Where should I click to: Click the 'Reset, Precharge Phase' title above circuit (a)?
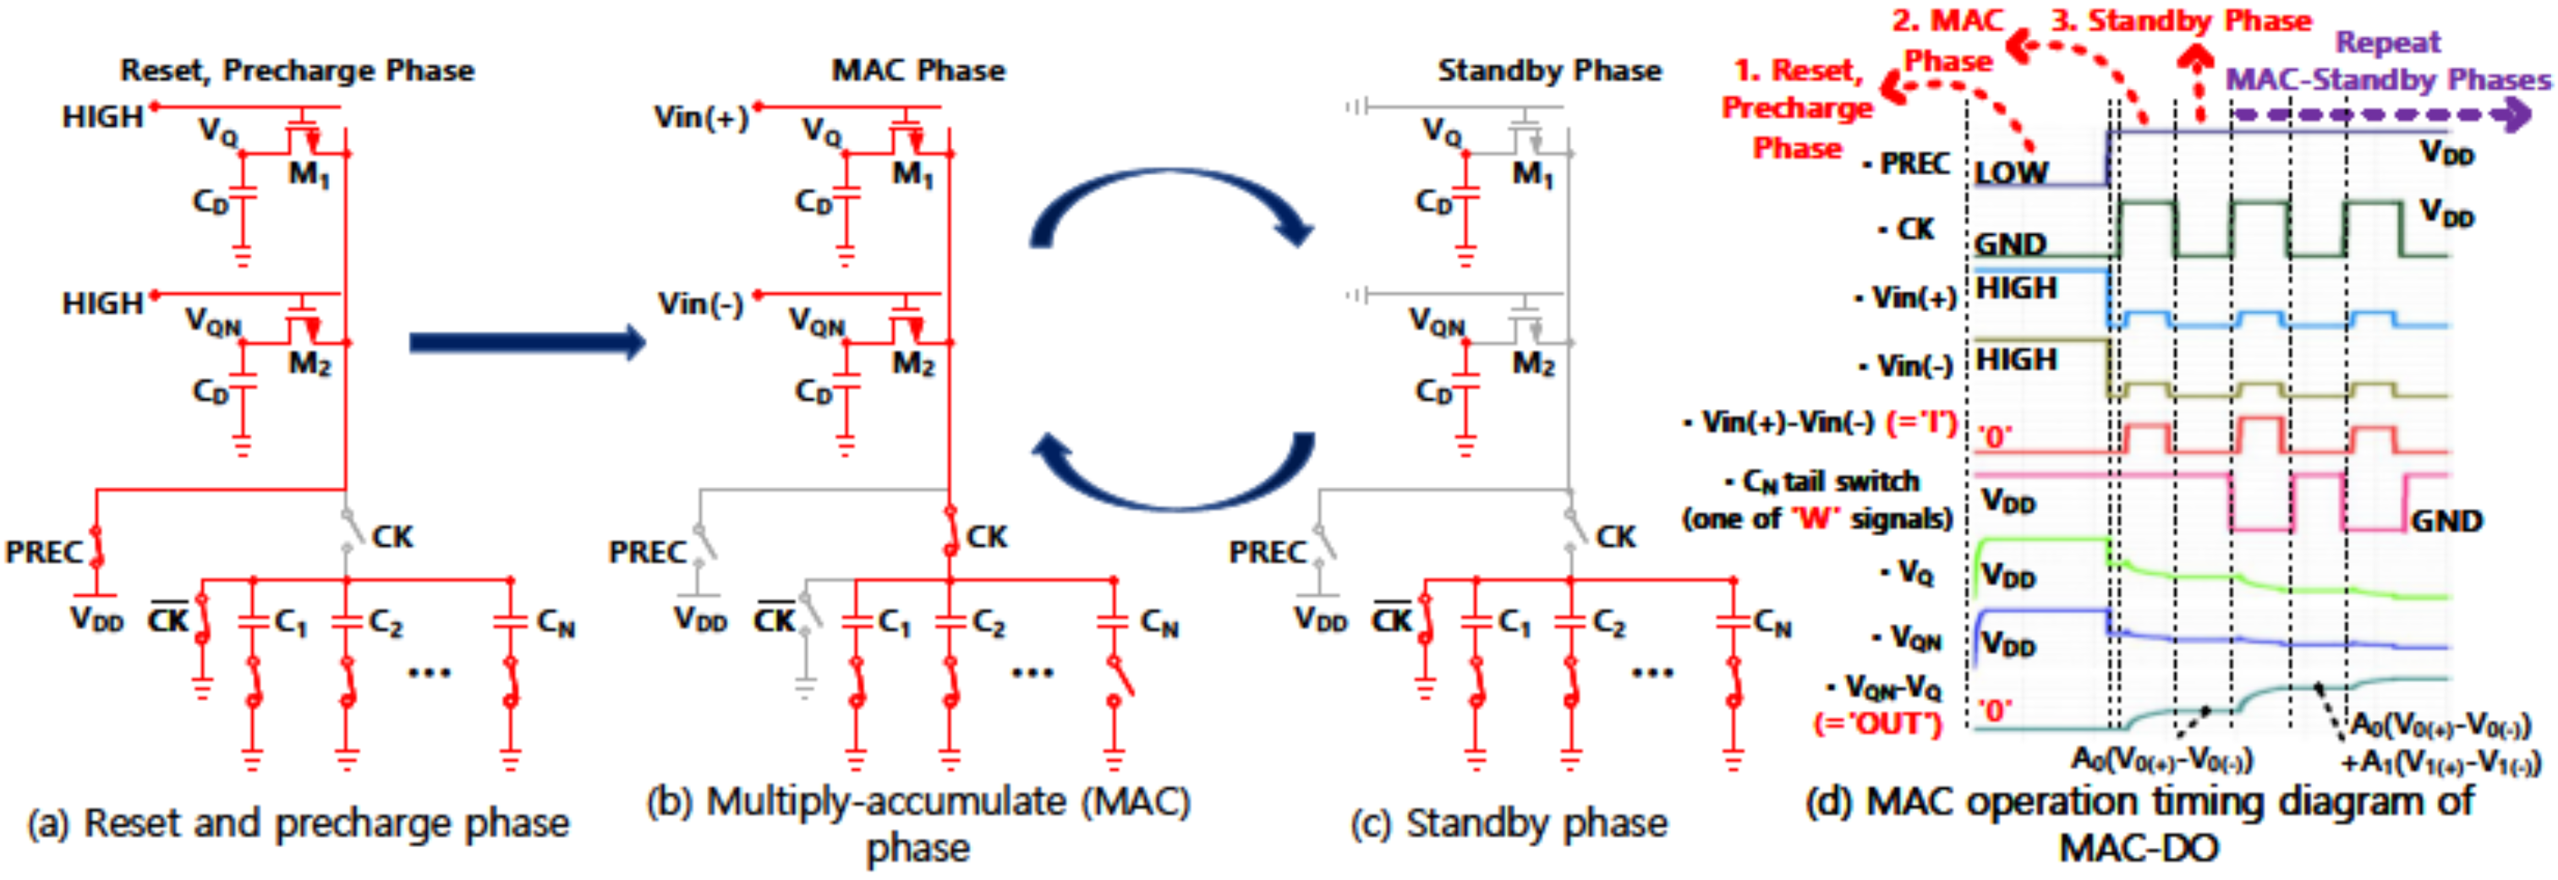pos(297,70)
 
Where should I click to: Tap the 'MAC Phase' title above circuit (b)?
pos(917,70)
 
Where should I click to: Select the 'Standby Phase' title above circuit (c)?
pos(1549,70)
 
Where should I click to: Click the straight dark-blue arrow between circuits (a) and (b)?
pos(526,342)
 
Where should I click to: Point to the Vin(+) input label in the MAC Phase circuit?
pos(701,118)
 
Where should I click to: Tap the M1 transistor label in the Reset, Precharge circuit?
pos(309,175)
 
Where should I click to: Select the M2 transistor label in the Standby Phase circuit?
pos(1532,364)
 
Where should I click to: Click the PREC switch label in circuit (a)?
pos(44,552)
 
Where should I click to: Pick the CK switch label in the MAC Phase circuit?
pos(986,538)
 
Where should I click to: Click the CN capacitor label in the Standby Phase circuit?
pos(1772,624)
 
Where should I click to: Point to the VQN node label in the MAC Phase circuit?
pos(816,321)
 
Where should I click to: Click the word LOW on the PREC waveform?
pos(2011,172)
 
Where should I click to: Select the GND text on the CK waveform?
pos(2010,243)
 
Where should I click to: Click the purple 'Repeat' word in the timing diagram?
pos(2387,43)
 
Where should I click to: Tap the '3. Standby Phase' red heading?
pos(2181,21)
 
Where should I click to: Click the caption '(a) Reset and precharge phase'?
pos(298,823)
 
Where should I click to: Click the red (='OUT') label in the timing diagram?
pos(1876,724)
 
